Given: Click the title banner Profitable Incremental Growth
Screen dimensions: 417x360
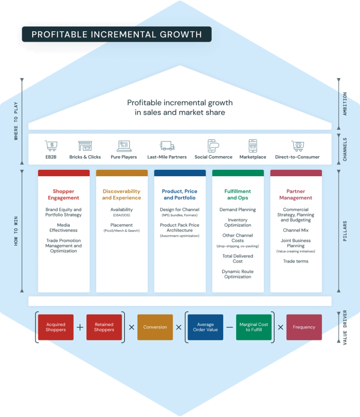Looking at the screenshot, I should coord(116,34).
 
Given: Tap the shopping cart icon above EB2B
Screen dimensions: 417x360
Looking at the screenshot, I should coord(51,146).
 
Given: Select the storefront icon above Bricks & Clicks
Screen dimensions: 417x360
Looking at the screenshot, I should coord(85,146).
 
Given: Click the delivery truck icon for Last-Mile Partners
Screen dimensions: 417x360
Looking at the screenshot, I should coord(167,146).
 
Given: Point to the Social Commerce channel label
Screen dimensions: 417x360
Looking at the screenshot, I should coord(213,157).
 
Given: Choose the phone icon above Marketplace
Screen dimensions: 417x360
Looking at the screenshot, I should coord(253,146).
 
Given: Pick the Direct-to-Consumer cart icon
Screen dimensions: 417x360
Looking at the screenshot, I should coord(297,146).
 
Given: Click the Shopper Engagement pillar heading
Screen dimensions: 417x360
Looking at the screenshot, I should coord(63,195).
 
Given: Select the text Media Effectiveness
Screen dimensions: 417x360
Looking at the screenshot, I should coord(63,228).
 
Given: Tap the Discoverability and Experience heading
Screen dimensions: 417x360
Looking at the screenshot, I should coord(121,195).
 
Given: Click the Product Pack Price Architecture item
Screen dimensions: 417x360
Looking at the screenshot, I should coord(179,228).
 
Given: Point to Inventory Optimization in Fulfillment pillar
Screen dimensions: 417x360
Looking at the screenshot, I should coord(238,222).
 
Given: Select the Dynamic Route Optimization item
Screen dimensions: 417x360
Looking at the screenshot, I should coord(238,274).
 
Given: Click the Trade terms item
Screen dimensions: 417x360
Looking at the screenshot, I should coord(296,261).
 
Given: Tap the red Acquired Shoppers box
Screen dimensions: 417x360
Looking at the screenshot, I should coord(56,327).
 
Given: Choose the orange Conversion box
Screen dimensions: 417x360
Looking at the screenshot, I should coord(155,327).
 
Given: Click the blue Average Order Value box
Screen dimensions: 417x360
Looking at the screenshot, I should coord(205,327).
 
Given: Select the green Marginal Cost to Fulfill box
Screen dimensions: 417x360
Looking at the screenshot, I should coord(254,327).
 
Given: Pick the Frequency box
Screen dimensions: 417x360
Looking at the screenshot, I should coord(304,327).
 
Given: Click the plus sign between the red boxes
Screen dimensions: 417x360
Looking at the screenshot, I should coord(80,327).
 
